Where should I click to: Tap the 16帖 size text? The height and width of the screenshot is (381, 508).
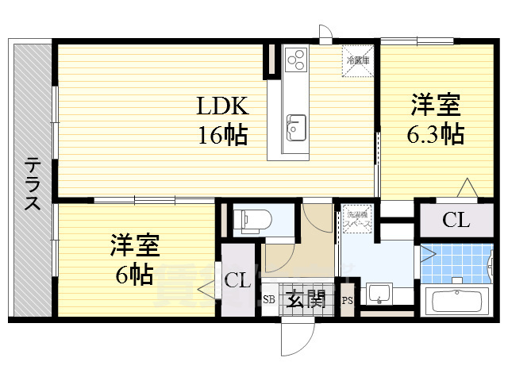pos(223,134)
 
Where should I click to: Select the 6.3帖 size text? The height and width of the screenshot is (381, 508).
pos(436,134)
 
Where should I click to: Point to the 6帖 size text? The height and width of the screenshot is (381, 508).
pos(132,275)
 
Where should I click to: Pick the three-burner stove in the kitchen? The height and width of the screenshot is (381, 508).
pos(296,59)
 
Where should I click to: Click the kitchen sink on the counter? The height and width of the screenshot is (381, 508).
pos(295,126)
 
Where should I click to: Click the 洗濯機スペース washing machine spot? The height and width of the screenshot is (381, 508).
pos(356,219)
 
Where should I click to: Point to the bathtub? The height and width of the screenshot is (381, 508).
pos(459,302)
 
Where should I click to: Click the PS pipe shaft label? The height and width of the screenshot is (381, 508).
pos(347,300)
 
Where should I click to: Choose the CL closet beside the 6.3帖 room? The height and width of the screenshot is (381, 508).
pos(456,221)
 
